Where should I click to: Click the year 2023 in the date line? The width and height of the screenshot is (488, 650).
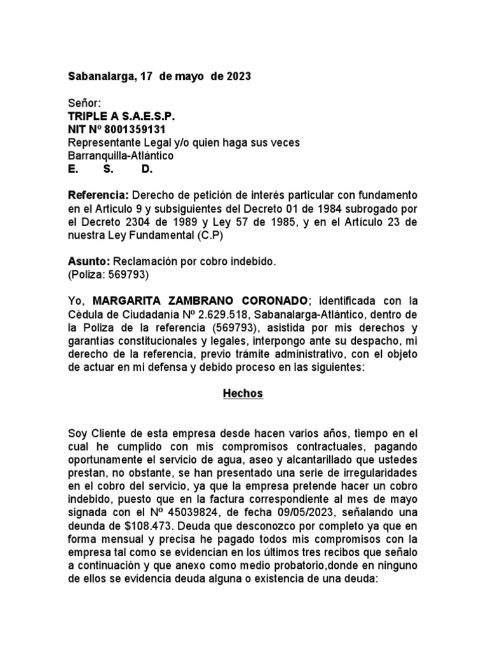click(x=238, y=77)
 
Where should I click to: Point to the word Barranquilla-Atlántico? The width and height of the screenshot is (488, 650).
click(x=120, y=156)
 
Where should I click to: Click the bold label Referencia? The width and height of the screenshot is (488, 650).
click(x=98, y=194)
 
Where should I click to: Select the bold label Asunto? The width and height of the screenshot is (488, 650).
click(x=89, y=262)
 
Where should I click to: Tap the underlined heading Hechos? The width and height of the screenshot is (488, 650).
click(x=243, y=394)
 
